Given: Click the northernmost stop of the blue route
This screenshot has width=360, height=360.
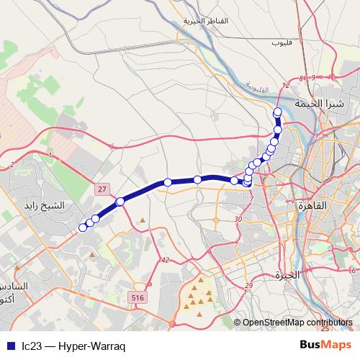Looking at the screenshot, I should [278, 111].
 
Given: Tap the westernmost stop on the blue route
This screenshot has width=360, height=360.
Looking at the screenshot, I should [83, 228].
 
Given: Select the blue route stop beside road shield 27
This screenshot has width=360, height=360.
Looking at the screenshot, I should [120, 201].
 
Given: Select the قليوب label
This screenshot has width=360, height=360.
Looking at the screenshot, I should [279, 42].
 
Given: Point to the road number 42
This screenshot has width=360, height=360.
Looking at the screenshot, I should [165, 260].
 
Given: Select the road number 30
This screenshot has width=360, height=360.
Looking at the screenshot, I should [238, 218].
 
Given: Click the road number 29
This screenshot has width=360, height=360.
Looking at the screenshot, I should [248, 287].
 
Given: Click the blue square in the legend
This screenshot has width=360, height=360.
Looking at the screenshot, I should [10, 345].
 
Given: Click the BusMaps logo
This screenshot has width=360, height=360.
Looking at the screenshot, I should [325, 344].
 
